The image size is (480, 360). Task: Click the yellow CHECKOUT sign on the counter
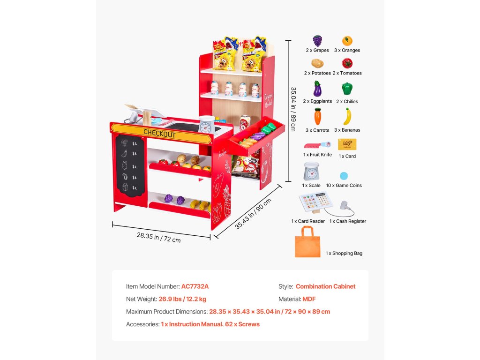pos(159,134)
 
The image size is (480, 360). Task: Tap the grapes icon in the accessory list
pos(317,40)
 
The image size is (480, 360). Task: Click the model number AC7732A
pos(195,286)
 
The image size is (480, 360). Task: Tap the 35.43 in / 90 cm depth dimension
pos(253,214)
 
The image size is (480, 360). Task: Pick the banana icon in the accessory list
pos(347,116)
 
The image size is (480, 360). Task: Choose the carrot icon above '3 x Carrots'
pos(317,116)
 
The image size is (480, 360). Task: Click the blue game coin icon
pos(344,176)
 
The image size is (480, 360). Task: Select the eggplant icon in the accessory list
pos(317,88)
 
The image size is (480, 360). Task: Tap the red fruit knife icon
pos(317,145)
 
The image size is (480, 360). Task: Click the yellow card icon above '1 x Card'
pos(347,144)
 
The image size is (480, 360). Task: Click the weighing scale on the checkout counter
pos(206,125)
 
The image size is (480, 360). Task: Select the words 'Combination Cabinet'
pos(325,286)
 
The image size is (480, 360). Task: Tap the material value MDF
pos(309,299)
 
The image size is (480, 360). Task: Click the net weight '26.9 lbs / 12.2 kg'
pos(182,299)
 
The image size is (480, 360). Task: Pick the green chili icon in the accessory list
pos(347,89)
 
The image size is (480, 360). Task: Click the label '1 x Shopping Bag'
pos(344,254)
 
